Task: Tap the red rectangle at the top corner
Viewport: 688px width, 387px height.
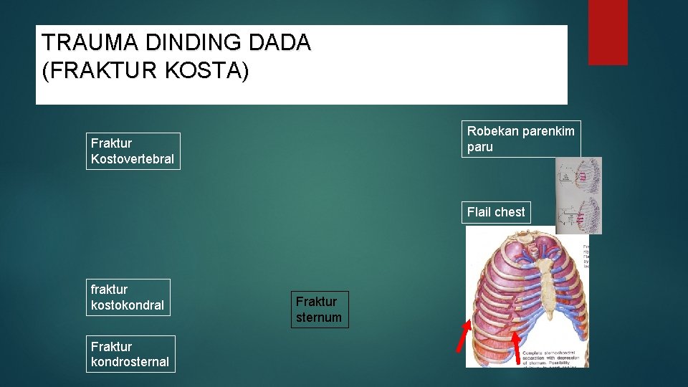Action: click(608, 32)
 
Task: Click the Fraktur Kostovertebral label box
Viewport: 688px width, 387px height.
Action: click(133, 151)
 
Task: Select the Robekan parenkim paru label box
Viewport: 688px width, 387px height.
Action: click(520, 139)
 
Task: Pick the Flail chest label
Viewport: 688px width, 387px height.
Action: click(496, 212)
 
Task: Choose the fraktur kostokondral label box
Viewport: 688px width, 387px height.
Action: click(128, 297)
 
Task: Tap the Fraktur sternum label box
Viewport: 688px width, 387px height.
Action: click(319, 310)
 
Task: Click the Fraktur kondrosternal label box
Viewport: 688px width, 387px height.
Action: click(130, 354)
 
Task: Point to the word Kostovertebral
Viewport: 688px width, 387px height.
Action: click(133, 159)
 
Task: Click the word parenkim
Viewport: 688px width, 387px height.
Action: click(547, 131)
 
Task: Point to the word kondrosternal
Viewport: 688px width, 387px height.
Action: click(130, 362)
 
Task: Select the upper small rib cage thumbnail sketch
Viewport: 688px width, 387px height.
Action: click(578, 176)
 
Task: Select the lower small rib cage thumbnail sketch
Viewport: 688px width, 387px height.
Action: click(578, 214)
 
